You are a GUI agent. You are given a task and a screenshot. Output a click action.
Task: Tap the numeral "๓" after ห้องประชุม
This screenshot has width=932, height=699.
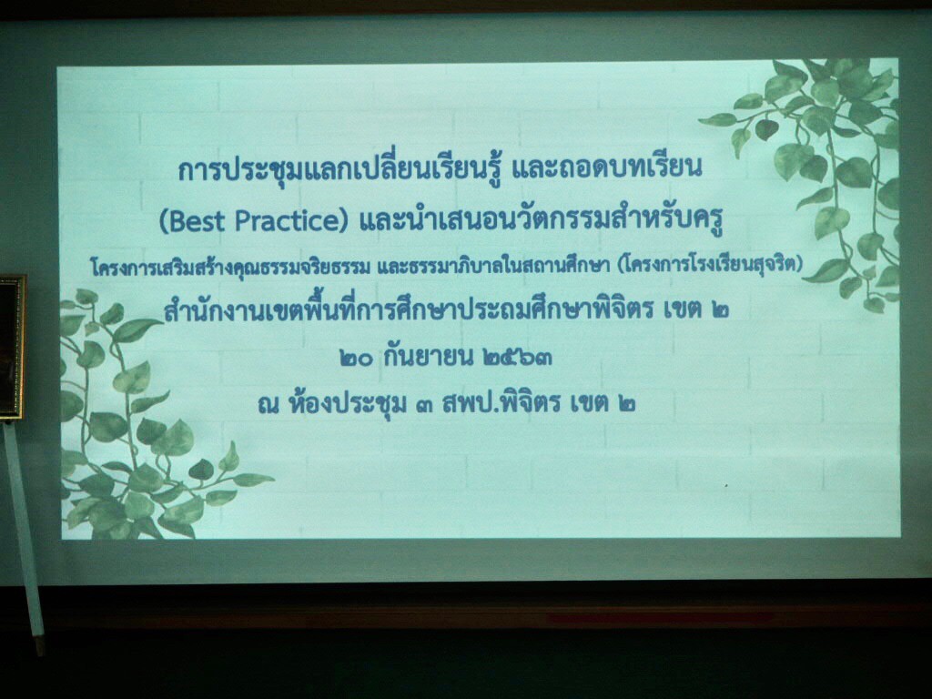click(425, 404)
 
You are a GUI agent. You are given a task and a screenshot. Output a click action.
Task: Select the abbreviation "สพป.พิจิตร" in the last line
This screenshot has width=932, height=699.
click(501, 403)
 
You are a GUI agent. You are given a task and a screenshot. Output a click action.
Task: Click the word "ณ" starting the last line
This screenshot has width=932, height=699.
click(268, 405)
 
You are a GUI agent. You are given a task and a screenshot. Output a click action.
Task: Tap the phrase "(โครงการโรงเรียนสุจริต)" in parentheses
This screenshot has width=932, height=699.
click(710, 265)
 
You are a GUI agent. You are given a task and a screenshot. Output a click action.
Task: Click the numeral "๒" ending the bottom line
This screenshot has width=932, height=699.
click(626, 405)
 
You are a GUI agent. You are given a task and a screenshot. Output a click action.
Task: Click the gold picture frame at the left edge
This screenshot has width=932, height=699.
click(12, 346)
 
